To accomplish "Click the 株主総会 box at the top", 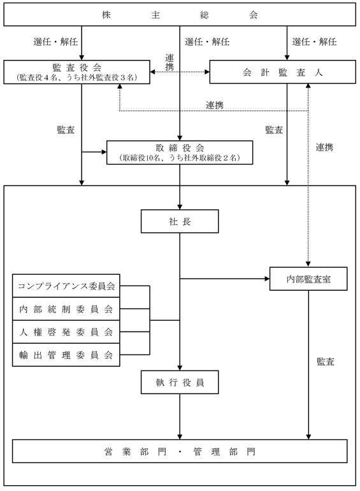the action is (180, 15).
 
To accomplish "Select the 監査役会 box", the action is (76, 72).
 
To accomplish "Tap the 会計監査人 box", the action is (282, 72).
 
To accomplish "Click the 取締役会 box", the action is (180, 152).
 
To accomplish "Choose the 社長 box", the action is (180, 221).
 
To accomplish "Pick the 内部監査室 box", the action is (308, 279).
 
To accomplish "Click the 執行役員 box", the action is (180, 382).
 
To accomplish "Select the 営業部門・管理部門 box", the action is (180, 451).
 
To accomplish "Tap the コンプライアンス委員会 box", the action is (66, 286).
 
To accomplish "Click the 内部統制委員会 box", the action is (66, 309).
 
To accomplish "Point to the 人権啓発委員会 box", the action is (66, 332).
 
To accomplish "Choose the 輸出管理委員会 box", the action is (66, 355).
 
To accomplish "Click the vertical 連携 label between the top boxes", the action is (169, 62).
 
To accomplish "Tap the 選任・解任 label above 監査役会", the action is (55, 41).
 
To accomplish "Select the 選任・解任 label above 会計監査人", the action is (314, 41).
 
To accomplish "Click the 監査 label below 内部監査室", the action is (326, 362).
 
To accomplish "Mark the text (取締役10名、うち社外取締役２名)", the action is (180, 158).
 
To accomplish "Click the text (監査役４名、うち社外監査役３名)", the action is (76, 78).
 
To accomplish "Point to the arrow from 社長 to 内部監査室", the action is (224, 279).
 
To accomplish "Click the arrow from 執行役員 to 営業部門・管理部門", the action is (180, 416).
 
